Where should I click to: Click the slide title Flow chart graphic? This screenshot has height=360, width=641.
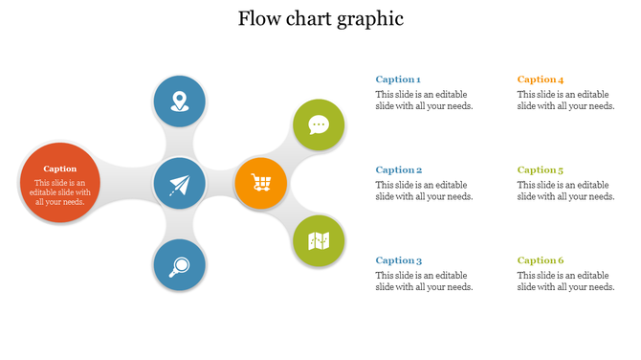click(x=320, y=19)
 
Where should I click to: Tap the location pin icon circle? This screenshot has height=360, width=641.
click(x=180, y=100)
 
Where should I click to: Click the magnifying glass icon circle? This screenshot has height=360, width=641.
click(x=180, y=265)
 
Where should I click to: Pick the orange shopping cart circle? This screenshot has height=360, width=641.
click(x=260, y=183)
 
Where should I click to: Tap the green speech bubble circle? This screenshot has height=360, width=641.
click(x=319, y=124)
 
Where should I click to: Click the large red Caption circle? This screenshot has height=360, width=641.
click(x=59, y=182)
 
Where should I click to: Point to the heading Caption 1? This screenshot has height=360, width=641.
click(x=398, y=79)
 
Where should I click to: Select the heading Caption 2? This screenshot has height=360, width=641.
click(x=398, y=169)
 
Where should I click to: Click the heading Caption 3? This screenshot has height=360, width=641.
click(x=398, y=260)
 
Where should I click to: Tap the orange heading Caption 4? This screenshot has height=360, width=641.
click(x=541, y=79)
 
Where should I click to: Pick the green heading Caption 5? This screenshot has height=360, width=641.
click(x=541, y=169)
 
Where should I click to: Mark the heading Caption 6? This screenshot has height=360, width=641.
click(x=541, y=260)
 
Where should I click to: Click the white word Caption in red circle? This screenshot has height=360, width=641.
click(x=60, y=169)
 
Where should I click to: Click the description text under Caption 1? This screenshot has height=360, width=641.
click(x=424, y=101)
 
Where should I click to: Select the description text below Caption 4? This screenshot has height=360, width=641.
click(x=565, y=101)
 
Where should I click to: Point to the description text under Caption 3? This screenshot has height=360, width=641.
click(x=424, y=281)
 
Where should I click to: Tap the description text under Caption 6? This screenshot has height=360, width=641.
click(x=565, y=281)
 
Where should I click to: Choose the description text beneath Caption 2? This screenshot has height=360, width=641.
click(x=424, y=191)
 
